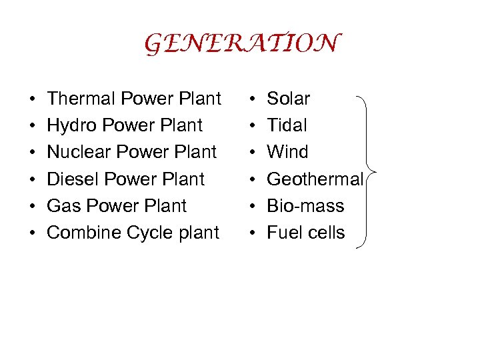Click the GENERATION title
click(x=242, y=44)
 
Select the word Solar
click(x=288, y=99)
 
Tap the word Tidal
click(x=287, y=125)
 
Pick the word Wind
click(x=287, y=152)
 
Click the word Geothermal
click(x=315, y=179)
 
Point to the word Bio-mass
click(x=305, y=206)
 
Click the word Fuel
click(x=283, y=233)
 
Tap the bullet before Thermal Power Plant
click(x=32, y=99)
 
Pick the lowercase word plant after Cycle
click(x=199, y=233)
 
